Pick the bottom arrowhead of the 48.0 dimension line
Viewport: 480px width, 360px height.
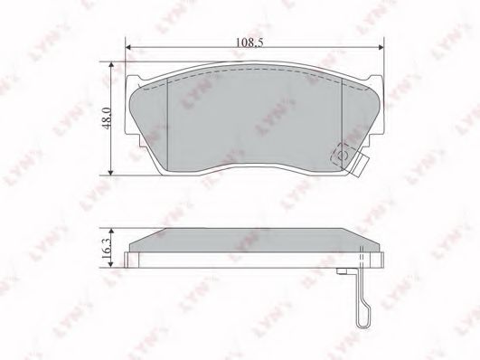point(111,173)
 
